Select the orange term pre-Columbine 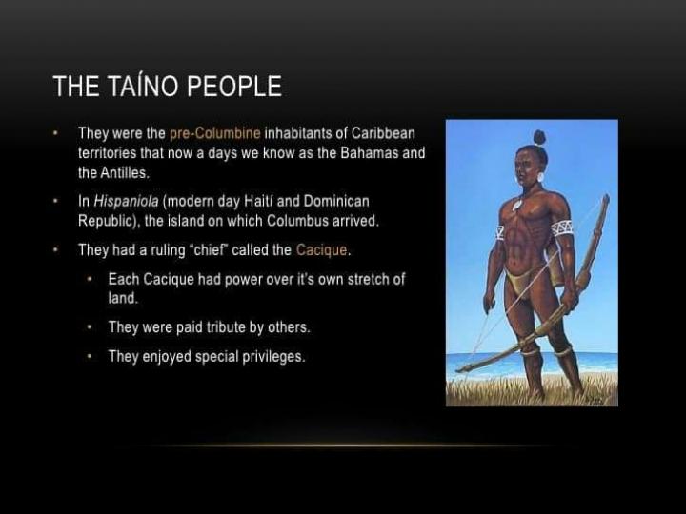coord(214,133)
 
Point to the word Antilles coord(123,172)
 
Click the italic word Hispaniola coord(126,202)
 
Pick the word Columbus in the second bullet coord(297,221)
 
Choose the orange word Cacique coord(321,250)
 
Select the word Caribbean coord(383,133)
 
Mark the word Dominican coord(336,202)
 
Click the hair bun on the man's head coord(539,137)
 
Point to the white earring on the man coord(541,177)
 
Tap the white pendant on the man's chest coord(517,204)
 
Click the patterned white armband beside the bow coord(562,228)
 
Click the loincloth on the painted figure coord(521,280)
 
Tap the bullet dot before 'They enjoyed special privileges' coord(90,356)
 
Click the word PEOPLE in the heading coord(234,86)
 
